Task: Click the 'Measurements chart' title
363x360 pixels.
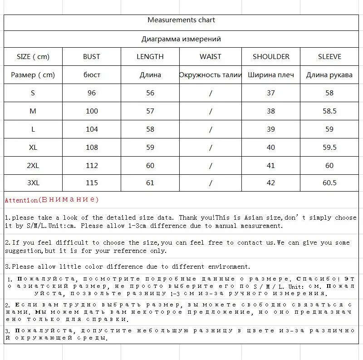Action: tap(181, 20)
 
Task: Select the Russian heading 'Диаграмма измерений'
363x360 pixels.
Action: tap(181, 39)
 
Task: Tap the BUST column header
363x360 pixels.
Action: tap(92, 57)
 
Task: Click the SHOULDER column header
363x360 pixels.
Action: tap(271, 57)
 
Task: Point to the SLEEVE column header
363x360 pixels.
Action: tap(329, 57)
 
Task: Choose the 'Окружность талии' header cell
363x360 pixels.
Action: tap(210, 75)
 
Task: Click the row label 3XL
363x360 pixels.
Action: tap(33, 183)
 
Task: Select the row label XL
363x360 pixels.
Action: tap(33, 147)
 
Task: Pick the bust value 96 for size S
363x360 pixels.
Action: tap(92, 93)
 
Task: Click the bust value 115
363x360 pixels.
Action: tap(92, 183)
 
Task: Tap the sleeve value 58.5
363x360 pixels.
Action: tap(329, 111)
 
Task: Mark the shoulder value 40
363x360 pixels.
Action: tap(271, 147)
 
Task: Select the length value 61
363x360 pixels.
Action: tap(150, 183)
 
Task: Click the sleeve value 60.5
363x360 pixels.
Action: tap(329, 183)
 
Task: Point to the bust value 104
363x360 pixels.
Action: tap(92, 129)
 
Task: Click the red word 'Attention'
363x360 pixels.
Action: tap(21, 200)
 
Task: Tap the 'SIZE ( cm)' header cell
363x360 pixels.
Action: tap(33, 57)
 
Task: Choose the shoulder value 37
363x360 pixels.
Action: tap(271, 93)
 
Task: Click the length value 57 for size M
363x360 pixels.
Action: tap(150, 111)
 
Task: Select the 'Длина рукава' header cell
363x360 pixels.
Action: tap(329, 75)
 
